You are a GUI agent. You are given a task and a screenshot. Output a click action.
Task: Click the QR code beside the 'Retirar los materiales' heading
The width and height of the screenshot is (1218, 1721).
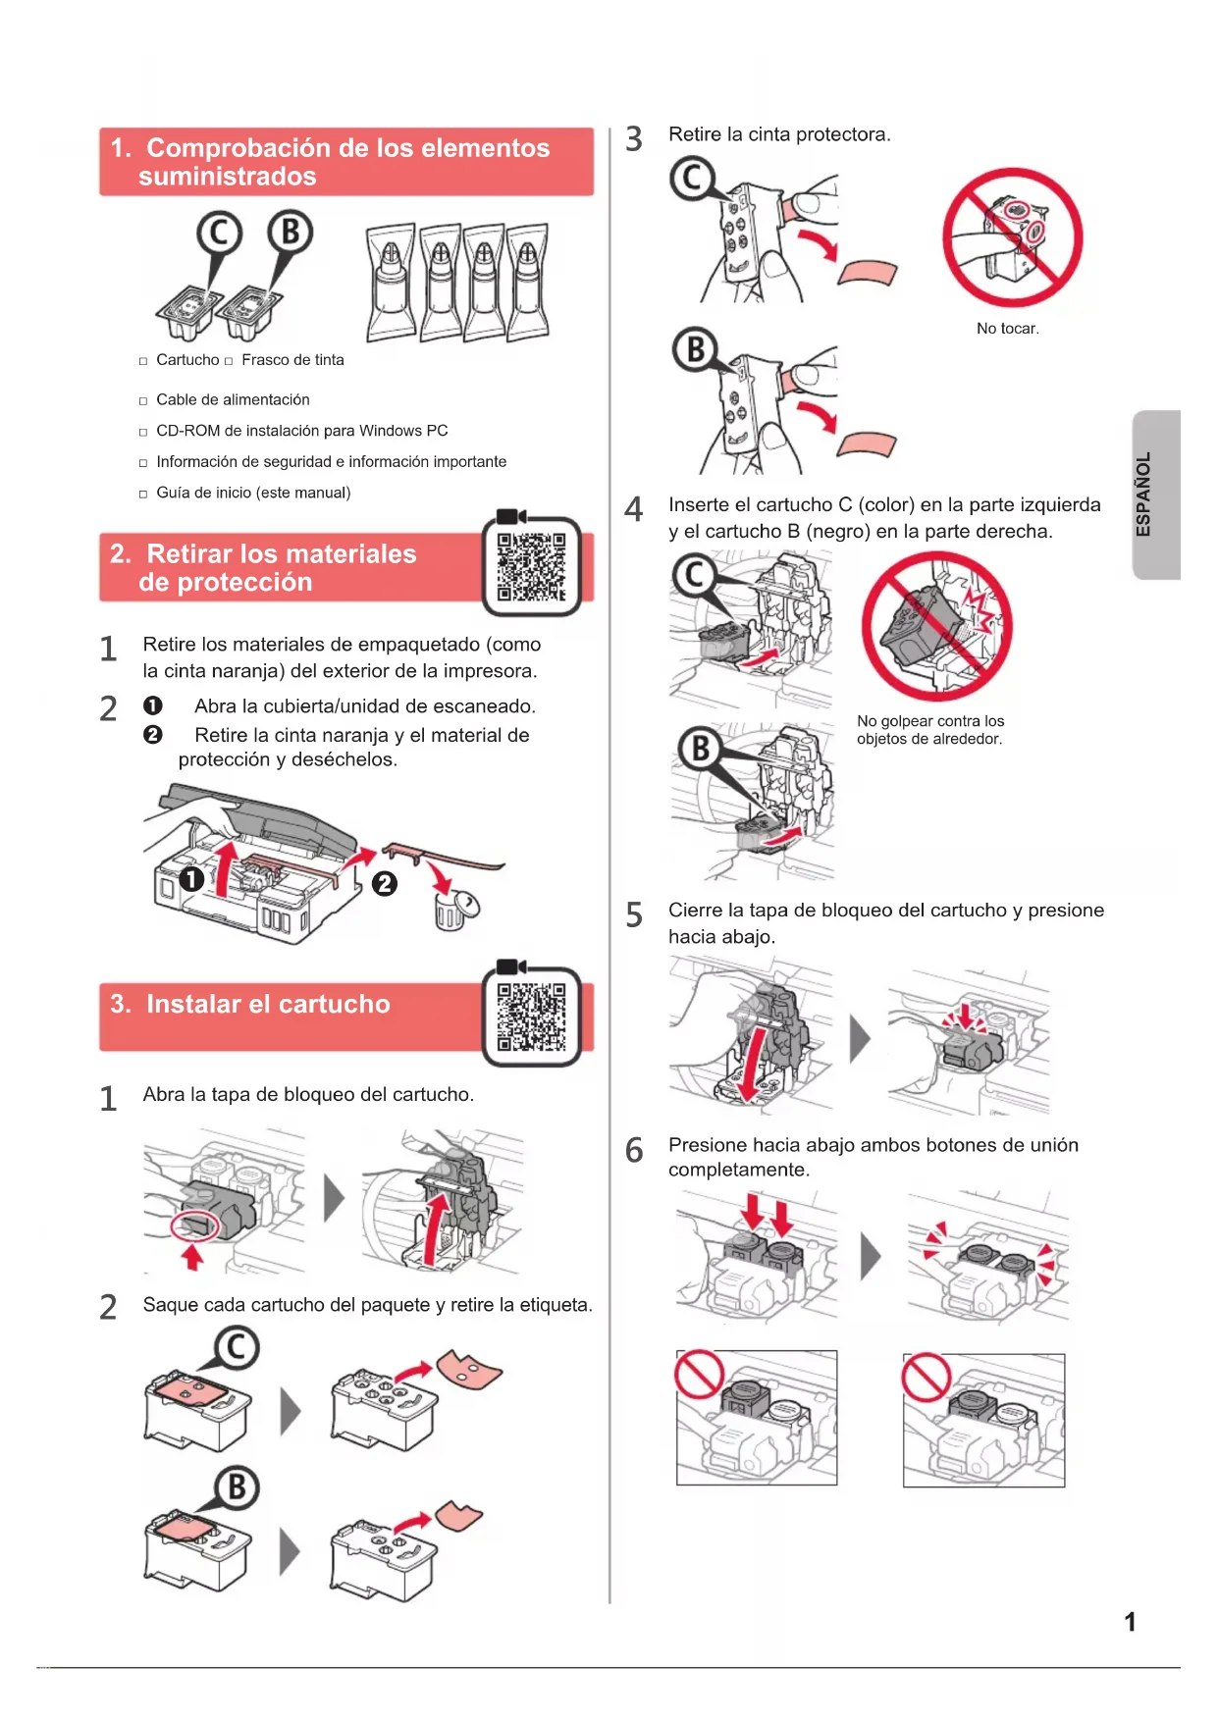pyautogui.click(x=531, y=566)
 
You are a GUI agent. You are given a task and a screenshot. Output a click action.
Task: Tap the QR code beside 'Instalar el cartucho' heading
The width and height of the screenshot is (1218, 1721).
pyautogui.click(x=531, y=1017)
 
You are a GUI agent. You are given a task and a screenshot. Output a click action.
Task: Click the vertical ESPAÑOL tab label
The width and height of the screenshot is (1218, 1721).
pyautogui.click(x=1143, y=494)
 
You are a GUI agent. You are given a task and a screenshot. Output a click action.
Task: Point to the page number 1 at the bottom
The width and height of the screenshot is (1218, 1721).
pyautogui.click(x=1131, y=1622)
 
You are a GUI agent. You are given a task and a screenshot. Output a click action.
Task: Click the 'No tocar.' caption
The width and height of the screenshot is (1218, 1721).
pyautogui.click(x=1008, y=329)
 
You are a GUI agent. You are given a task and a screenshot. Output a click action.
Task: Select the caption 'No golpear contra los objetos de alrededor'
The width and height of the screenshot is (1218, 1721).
pyautogui.click(x=930, y=730)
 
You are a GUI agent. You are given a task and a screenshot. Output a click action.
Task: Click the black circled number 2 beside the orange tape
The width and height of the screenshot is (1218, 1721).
pyautogui.click(x=385, y=884)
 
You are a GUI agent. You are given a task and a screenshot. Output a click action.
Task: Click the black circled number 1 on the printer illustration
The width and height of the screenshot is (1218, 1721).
pyautogui.click(x=191, y=878)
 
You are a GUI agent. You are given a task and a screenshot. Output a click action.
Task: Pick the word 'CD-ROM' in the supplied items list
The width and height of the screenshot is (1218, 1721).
pyautogui.click(x=188, y=431)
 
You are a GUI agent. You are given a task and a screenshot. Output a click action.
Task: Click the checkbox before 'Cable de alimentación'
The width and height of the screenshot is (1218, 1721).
pyautogui.click(x=143, y=401)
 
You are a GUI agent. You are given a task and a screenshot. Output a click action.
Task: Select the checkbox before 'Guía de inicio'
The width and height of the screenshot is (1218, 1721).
pyautogui.click(x=143, y=495)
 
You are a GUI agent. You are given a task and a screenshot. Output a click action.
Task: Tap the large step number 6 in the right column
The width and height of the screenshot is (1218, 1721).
pyautogui.click(x=635, y=1150)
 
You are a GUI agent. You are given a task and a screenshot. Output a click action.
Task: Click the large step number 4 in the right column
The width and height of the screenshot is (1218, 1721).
pyautogui.click(x=634, y=509)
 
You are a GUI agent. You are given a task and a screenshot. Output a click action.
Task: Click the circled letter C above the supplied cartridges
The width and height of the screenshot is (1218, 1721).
pyautogui.click(x=219, y=234)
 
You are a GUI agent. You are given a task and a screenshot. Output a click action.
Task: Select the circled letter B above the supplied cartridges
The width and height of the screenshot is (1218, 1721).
pyautogui.click(x=291, y=233)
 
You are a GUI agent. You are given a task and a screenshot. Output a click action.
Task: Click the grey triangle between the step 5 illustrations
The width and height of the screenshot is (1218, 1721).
pyautogui.click(x=860, y=1038)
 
